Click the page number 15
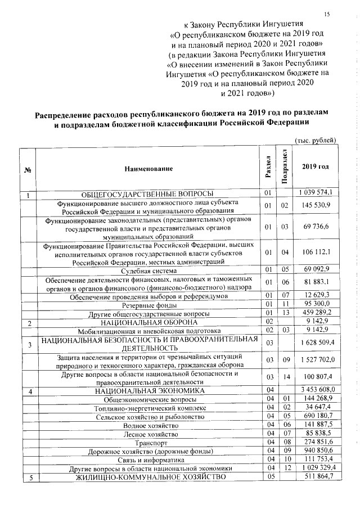(327, 14)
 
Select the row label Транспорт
(148, 443)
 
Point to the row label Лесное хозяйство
(149, 434)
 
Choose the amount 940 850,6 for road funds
(319, 451)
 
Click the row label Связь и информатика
(149, 460)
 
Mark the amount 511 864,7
(319, 477)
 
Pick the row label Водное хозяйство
(149, 425)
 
